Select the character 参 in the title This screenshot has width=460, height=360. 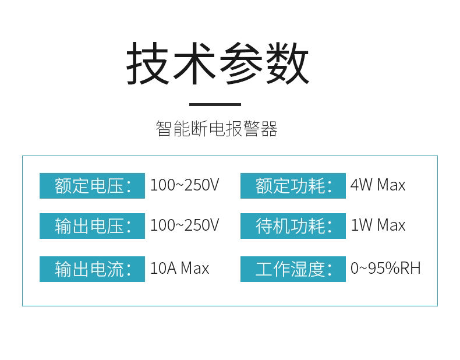240,64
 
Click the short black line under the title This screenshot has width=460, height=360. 215,105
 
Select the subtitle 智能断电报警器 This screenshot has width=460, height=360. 217,129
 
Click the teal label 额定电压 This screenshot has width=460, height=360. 92,186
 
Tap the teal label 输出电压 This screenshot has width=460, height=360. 92,226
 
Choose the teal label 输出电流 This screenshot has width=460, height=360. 92,269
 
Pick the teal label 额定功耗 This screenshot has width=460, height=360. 293,186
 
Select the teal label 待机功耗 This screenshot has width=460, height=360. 293,226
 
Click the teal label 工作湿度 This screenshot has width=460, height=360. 293,269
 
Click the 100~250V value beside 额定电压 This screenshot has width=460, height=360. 185,186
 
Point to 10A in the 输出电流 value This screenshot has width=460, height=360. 163,269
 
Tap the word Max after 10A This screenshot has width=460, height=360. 194,269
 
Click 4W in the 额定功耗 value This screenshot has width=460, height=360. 361,186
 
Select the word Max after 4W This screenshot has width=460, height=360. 391,186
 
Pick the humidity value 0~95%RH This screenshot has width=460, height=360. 385,269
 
